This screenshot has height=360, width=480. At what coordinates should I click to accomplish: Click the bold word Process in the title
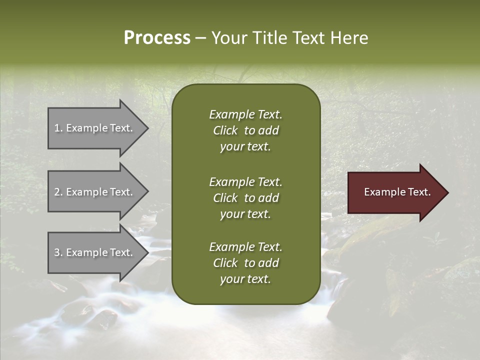(157, 38)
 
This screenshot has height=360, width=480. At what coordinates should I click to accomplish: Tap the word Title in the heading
(269, 38)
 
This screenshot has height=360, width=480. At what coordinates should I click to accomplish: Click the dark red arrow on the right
(395, 192)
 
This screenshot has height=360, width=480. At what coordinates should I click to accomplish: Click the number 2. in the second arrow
(58, 192)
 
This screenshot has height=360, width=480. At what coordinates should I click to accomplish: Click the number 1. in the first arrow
(58, 128)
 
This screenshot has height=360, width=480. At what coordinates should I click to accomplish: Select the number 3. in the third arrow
(58, 252)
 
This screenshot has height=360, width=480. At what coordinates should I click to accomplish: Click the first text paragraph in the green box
(245, 130)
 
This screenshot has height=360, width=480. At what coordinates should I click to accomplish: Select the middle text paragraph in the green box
(245, 198)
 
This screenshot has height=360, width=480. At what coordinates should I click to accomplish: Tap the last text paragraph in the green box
(245, 263)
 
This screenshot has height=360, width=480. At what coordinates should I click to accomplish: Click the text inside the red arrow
(397, 192)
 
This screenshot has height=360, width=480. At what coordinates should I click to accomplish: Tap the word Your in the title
(229, 38)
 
